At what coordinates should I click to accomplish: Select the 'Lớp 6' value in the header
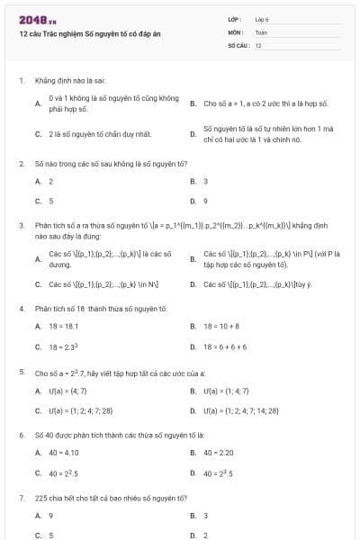(262, 19)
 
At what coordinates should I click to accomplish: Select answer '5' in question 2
(51, 202)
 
